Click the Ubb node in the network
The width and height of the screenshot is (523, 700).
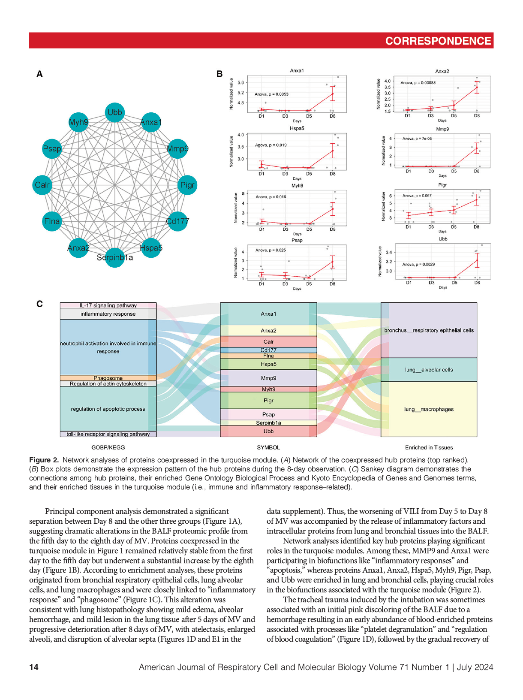pyautogui.click(x=114, y=112)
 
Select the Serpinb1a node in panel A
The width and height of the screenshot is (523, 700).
pyautogui.click(x=114, y=257)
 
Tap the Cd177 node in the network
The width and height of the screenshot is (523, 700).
pyautogui.click(x=177, y=221)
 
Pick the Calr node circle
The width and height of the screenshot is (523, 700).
pyautogui.click(x=42, y=185)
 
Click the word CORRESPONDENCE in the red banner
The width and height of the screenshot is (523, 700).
pyautogui.click(x=438, y=41)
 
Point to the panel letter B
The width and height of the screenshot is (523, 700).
pyautogui.click(x=219, y=74)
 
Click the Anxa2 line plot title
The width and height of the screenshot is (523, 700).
pyautogui.click(x=442, y=72)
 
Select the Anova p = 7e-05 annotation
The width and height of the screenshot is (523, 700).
pyautogui.click(x=417, y=139)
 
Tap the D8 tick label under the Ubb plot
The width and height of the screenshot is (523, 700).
pyautogui.click(x=477, y=283)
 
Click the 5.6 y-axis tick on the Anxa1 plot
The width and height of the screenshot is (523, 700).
pyautogui.click(x=241, y=82)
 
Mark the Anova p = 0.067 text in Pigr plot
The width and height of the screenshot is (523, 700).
pyautogui.click(x=417, y=196)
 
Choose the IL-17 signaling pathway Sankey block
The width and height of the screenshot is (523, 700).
pyautogui.click(x=108, y=305)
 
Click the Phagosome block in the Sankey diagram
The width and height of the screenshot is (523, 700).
pyautogui.click(x=108, y=378)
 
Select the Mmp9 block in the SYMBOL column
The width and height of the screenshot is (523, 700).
pyautogui.click(x=268, y=378)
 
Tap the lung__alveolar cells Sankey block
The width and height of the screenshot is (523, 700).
pyautogui.click(x=429, y=370)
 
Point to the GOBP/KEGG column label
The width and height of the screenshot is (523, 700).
pyautogui.click(x=108, y=447)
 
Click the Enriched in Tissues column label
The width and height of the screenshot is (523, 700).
pyautogui.click(x=429, y=447)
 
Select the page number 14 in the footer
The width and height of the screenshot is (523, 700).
pyautogui.click(x=34, y=667)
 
